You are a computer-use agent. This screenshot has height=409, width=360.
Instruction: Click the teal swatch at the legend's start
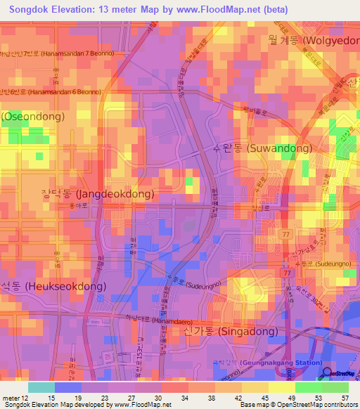pyautogui.click(x=41, y=387)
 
